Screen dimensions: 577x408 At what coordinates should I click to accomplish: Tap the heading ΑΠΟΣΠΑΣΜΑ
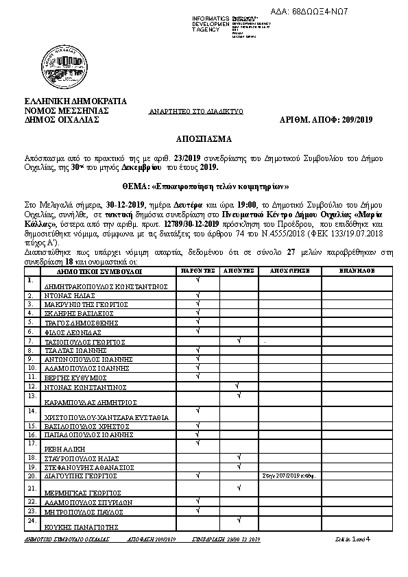203,138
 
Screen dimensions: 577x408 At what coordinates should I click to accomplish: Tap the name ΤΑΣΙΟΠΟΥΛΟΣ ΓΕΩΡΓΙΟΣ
84,341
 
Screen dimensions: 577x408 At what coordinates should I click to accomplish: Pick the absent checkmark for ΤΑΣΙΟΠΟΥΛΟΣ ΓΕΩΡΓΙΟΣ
238,340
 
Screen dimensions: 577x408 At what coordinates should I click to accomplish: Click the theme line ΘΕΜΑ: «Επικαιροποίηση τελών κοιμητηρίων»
203,186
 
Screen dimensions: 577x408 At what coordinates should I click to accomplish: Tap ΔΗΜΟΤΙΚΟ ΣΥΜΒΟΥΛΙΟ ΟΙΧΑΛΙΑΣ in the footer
66,540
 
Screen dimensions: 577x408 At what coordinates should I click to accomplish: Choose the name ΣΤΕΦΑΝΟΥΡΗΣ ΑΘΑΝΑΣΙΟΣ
84,467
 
